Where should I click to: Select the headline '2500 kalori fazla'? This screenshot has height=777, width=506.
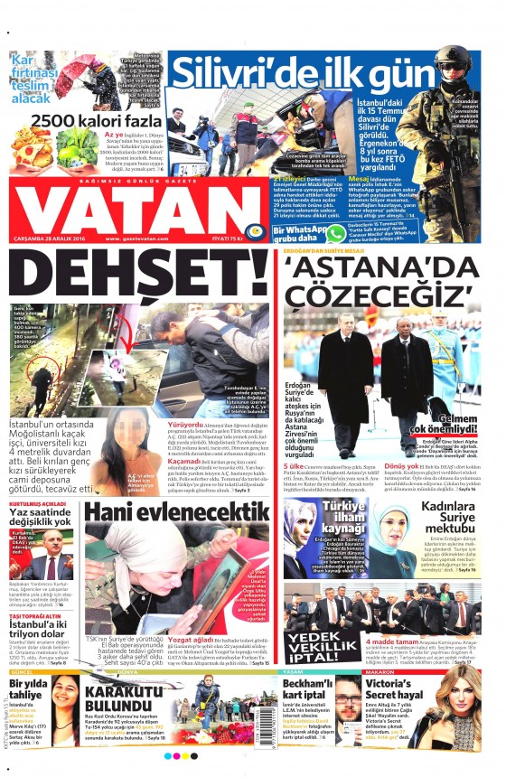click(88, 118)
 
